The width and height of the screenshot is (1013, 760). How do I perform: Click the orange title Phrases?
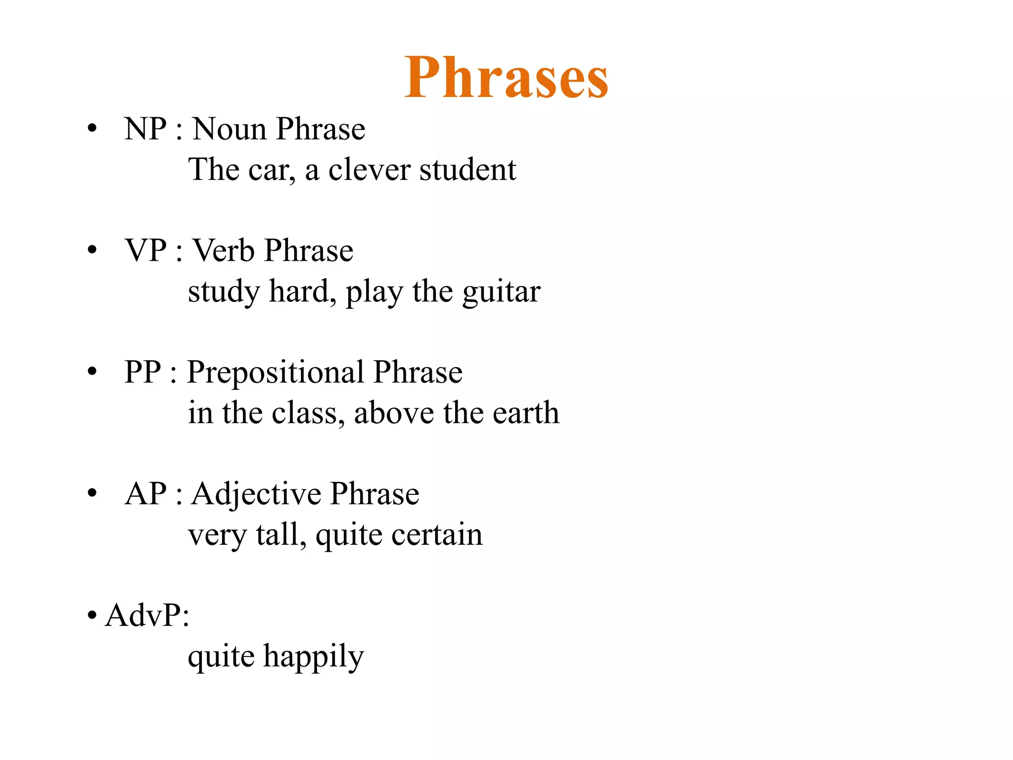(x=506, y=78)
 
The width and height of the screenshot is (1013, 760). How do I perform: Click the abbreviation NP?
(x=145, y=129)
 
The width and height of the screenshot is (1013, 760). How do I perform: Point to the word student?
(x=467, y=170)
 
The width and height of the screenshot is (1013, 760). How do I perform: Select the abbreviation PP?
(x=142, y=372)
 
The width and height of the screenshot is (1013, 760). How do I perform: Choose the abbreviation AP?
(x=145, y=494)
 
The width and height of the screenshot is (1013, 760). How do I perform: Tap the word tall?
(x=280, y=535)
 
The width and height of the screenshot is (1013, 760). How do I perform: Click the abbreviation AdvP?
(x=146, y=616)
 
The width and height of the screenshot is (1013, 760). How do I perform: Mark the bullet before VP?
(x=92, y=250)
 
